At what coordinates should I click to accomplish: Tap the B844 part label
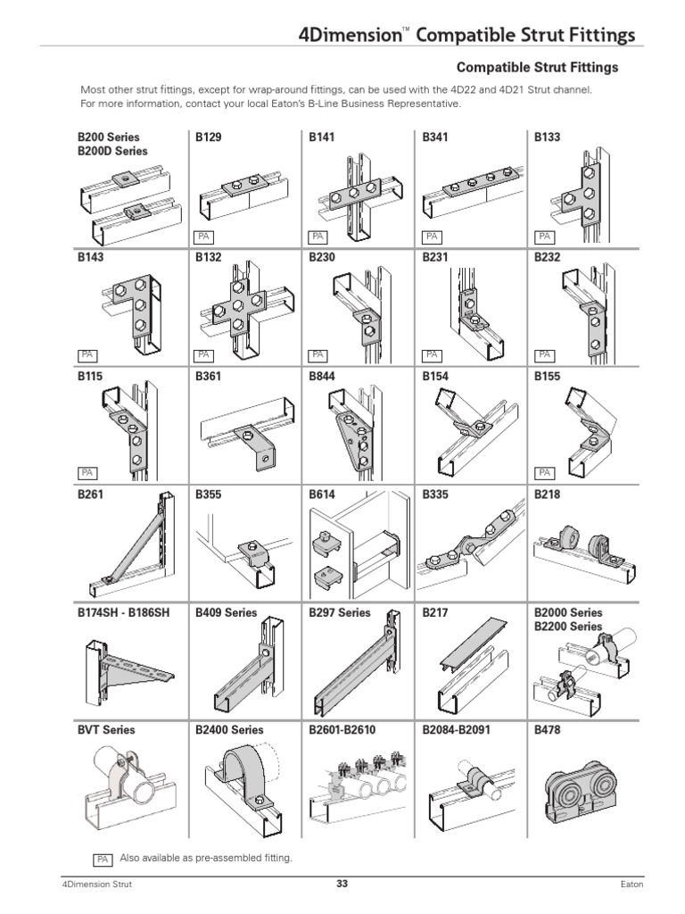point(323,377)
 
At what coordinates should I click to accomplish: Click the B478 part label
point(547,730)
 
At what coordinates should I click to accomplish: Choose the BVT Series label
point(106,730)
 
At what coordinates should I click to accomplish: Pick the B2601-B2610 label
point(342,730)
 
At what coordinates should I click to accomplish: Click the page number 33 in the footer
point(342,885)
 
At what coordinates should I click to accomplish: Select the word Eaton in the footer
point(631,885)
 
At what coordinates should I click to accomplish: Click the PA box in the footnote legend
point(103,859)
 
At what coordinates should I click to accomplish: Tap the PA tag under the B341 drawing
point(432,237)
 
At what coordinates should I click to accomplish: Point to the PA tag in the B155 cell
point(544,472)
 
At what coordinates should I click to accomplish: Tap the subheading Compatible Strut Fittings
point(537,67)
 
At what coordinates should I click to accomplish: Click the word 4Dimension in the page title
point(349,36)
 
